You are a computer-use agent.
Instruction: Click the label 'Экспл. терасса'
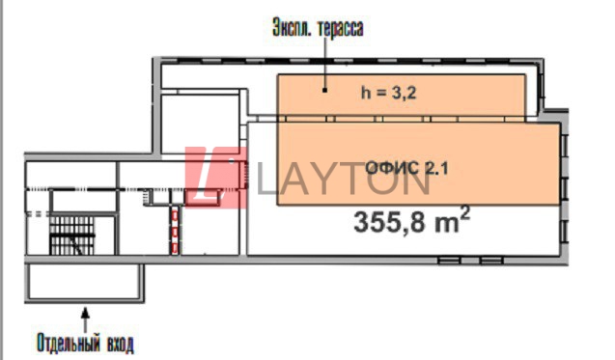[318, 28]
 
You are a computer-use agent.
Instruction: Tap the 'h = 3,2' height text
[388, 93]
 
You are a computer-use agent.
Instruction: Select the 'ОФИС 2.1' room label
[406, 168]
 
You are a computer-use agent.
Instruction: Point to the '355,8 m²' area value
[411, 221]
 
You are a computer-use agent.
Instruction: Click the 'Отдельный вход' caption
[85, 343]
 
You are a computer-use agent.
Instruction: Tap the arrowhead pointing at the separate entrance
[85, 313]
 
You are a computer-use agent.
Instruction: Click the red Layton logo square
[215, 178]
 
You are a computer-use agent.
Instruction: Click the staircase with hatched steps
[72, 235]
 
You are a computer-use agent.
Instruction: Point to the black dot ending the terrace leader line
[324, 90]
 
